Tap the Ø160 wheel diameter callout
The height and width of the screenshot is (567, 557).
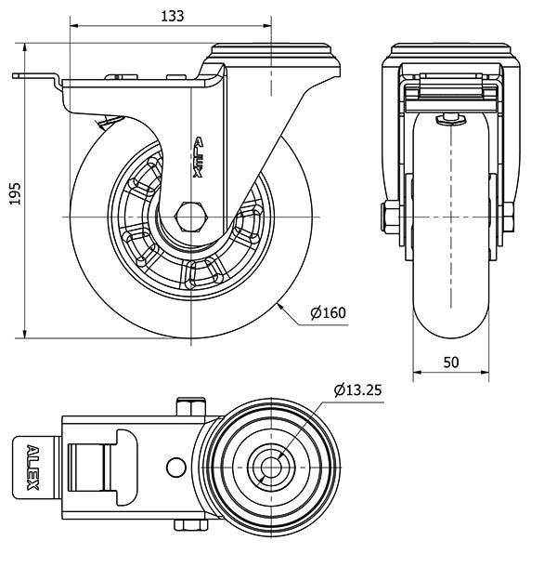[328, 312]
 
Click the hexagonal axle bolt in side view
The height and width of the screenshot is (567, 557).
[191, 217]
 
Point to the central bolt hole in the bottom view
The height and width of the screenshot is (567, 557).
[272, 464]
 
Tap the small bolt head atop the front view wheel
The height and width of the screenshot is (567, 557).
[450, 118]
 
